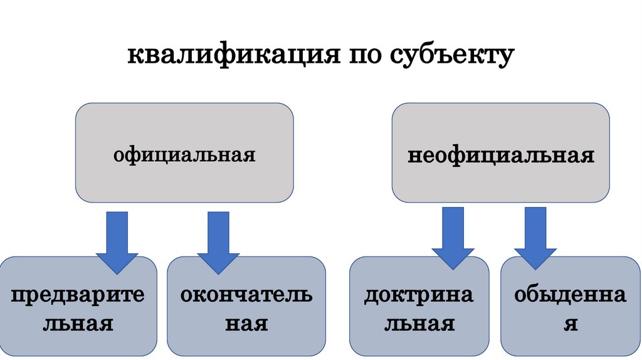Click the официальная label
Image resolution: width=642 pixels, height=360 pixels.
(184, 154)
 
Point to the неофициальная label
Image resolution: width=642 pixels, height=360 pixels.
(501, 154)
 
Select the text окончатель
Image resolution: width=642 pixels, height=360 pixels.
(246, 295)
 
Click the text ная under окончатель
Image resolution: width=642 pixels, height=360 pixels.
(246, 324)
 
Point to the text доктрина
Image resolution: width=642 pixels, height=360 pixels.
(419, 295)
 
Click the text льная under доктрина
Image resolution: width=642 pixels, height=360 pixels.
(419, 324)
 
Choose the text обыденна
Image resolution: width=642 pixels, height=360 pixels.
(570, 295)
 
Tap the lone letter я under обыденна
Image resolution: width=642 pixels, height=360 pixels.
(570, 324)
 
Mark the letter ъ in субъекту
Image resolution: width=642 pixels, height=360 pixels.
(442, 56)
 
